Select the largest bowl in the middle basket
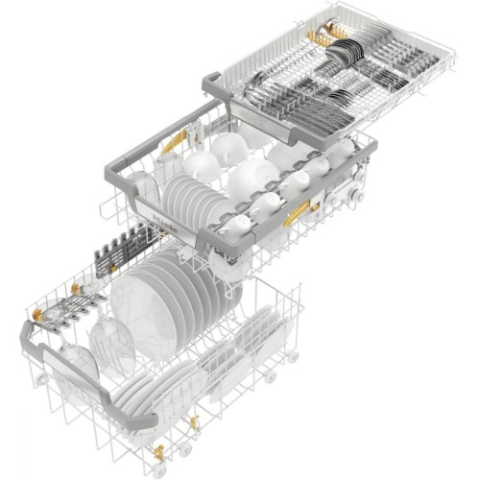[252, 178]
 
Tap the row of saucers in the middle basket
[192, 201]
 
